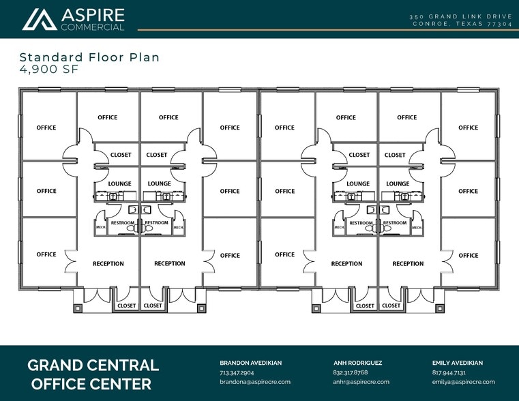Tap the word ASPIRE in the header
pyautogui.click(x=93, y=15)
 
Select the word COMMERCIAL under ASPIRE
pyautogui.click(x=93, y=27)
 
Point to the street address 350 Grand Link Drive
pyautogui.click(x=461, y=16)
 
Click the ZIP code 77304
pyautogui.click(x=500, y=24)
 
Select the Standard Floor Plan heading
pyautogui.click(x=89, y=57)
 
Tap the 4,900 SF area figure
pyautogui.click(x=49, y=69)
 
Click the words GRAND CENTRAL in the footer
pyautogui.click(x=93, y=366)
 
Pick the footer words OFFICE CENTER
pyautogui.click(x=91, y=384)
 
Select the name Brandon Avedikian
pyautogui.click(x=250, y=363)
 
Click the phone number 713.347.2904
pyautogui.click(x=237, y=372)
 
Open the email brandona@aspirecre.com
pyautogui.click(x=255, y=382)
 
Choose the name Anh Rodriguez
pyautogui.click(x=357, y=363)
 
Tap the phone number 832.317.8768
pyautogui.click(x=350, y=372)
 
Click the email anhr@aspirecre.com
pyautogui.click(x=361, y=382)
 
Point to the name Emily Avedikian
pyautogui.click(x=458, y=363)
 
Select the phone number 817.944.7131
pyautogui.click(x=449, y=372)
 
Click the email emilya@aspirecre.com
pyautogui.click(x=463, y=382)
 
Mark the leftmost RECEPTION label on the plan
pyautogui.click(x=108, y=264)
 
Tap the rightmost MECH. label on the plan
pyautogui.click(x=417, y=228)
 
